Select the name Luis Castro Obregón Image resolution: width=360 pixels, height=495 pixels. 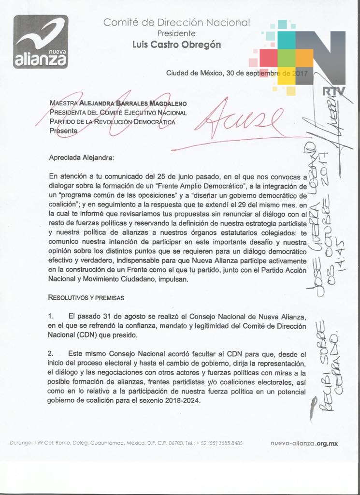click(176, 44)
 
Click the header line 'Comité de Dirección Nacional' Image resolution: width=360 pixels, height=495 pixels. click(176, 22)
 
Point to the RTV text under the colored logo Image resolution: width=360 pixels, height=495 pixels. click(331, 90)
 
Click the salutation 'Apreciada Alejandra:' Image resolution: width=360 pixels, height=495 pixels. click(82, 157)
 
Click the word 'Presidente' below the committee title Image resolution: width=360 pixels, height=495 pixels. click(176, 33)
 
